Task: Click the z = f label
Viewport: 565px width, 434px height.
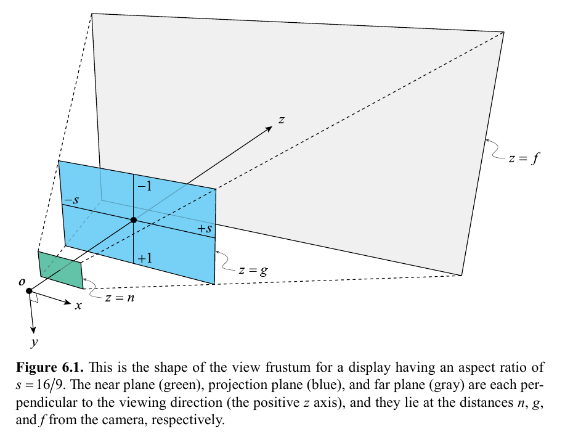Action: pyautogui.click(x=524, y=158)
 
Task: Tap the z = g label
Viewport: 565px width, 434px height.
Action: pyautogui.click(x=253, y=269)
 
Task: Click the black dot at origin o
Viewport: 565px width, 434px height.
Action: pyautogui.click(x=29, y=290)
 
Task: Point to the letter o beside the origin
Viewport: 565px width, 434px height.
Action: pyautogui.click(x=22, y=282)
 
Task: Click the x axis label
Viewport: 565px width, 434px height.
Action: pyautogui.click(x=78, y=306)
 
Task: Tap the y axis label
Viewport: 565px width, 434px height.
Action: pyautogui.click(x=34, y=340)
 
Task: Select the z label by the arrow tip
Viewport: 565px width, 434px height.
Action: pyautogui.click(x=281, y=120)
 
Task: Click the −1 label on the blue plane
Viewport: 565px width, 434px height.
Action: pyautogui.click(x=144, y=186)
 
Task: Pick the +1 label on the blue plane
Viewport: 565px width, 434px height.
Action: pyautogui.click(x=145, y=258)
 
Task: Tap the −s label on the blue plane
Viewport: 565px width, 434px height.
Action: pyautogui.click(x=71, y=201)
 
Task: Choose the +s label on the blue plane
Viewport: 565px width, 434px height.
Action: pyautogui.click(x=205, y=229)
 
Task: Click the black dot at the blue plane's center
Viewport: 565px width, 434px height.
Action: pyautogui.click(x=134, y=220)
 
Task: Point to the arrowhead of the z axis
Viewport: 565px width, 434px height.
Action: pyautogui.click(x=269, y=128)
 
